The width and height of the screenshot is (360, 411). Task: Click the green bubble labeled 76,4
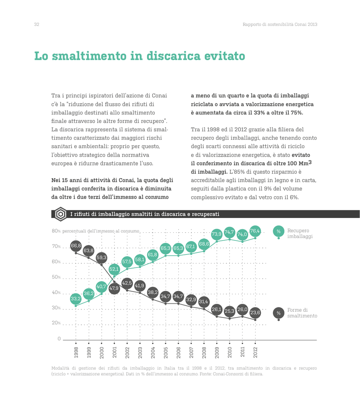(x=255, y=231)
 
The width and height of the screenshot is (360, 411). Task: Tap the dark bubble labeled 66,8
(x=76, y=246)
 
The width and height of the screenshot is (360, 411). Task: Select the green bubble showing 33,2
(x=76, y=299)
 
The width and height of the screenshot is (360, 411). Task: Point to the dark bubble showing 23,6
(x=255, y=312)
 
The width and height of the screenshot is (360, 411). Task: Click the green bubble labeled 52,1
(x=114, y=269)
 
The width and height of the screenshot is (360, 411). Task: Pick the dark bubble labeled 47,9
(x=114, y=288)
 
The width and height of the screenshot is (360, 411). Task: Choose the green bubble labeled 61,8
(x=152, y=254)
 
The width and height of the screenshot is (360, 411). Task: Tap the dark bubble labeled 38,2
(x=152, y=292)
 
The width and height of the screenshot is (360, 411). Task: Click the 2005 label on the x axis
(x=166, y=352)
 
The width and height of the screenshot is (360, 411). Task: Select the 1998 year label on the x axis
(x=76, y=352)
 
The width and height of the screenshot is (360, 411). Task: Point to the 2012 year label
(x=255, y=352)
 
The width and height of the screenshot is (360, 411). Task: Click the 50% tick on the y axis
(x=56, y=277)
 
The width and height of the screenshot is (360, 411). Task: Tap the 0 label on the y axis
(x=59, y=339)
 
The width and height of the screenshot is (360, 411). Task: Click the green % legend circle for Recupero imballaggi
(x=279, y=231)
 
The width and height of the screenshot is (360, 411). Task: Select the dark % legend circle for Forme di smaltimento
(x=279, y=313)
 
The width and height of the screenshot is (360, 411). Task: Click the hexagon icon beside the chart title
(x=61, y=214)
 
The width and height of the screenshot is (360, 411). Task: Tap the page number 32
(x=37, y=24)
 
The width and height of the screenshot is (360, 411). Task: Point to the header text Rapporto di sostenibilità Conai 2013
(x=280, y=24)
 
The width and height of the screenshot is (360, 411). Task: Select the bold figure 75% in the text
(x=297, y=113)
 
